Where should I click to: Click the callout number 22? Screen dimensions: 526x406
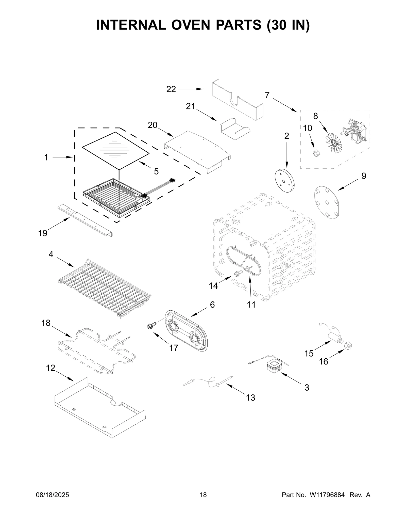(171, 89)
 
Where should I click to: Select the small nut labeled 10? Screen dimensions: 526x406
(316, 153)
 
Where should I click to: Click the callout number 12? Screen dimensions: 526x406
(51, 368)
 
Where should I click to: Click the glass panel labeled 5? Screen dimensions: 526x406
(115, 150)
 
